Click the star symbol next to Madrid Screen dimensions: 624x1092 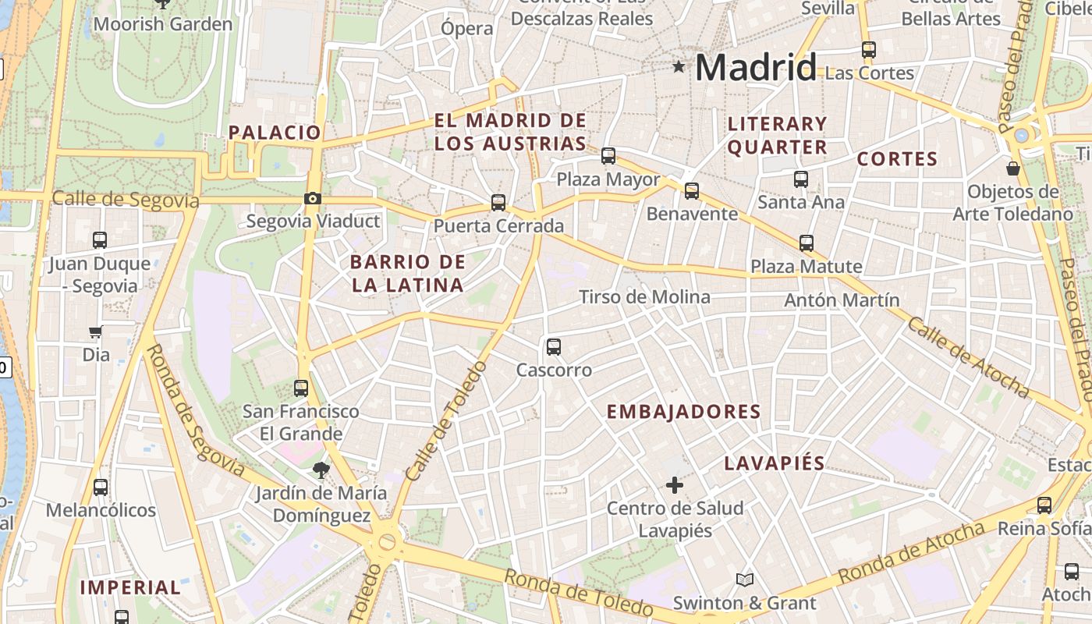coord(679,68)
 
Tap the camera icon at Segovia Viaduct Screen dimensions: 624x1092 coord(313,198)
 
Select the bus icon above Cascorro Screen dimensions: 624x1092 coord(554,346)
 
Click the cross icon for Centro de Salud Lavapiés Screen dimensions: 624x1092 coord(675,485)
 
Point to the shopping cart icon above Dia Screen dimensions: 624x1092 coord(96,332)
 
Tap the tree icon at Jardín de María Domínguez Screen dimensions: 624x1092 coord(321,470)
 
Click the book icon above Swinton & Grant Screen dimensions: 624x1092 coord(745,580)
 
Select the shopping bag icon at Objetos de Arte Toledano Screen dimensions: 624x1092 coord(1013,168)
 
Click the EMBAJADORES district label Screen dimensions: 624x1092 coord(683,412)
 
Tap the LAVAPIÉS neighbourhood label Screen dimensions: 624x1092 coord(775,463)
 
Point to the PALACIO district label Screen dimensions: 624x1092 coord(275,133)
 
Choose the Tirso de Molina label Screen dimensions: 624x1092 coord(644,296)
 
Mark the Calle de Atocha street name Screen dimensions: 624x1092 coord(968,357)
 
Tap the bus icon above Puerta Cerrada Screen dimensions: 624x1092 coord(498,203)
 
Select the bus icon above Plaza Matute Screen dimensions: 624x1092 coord(807,243)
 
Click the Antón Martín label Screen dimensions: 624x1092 coord(842,300)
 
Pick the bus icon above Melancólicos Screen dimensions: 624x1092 coord(101,487)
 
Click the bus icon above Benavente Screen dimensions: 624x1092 coord(692,191)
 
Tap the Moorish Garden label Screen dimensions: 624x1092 coord(163,24)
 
